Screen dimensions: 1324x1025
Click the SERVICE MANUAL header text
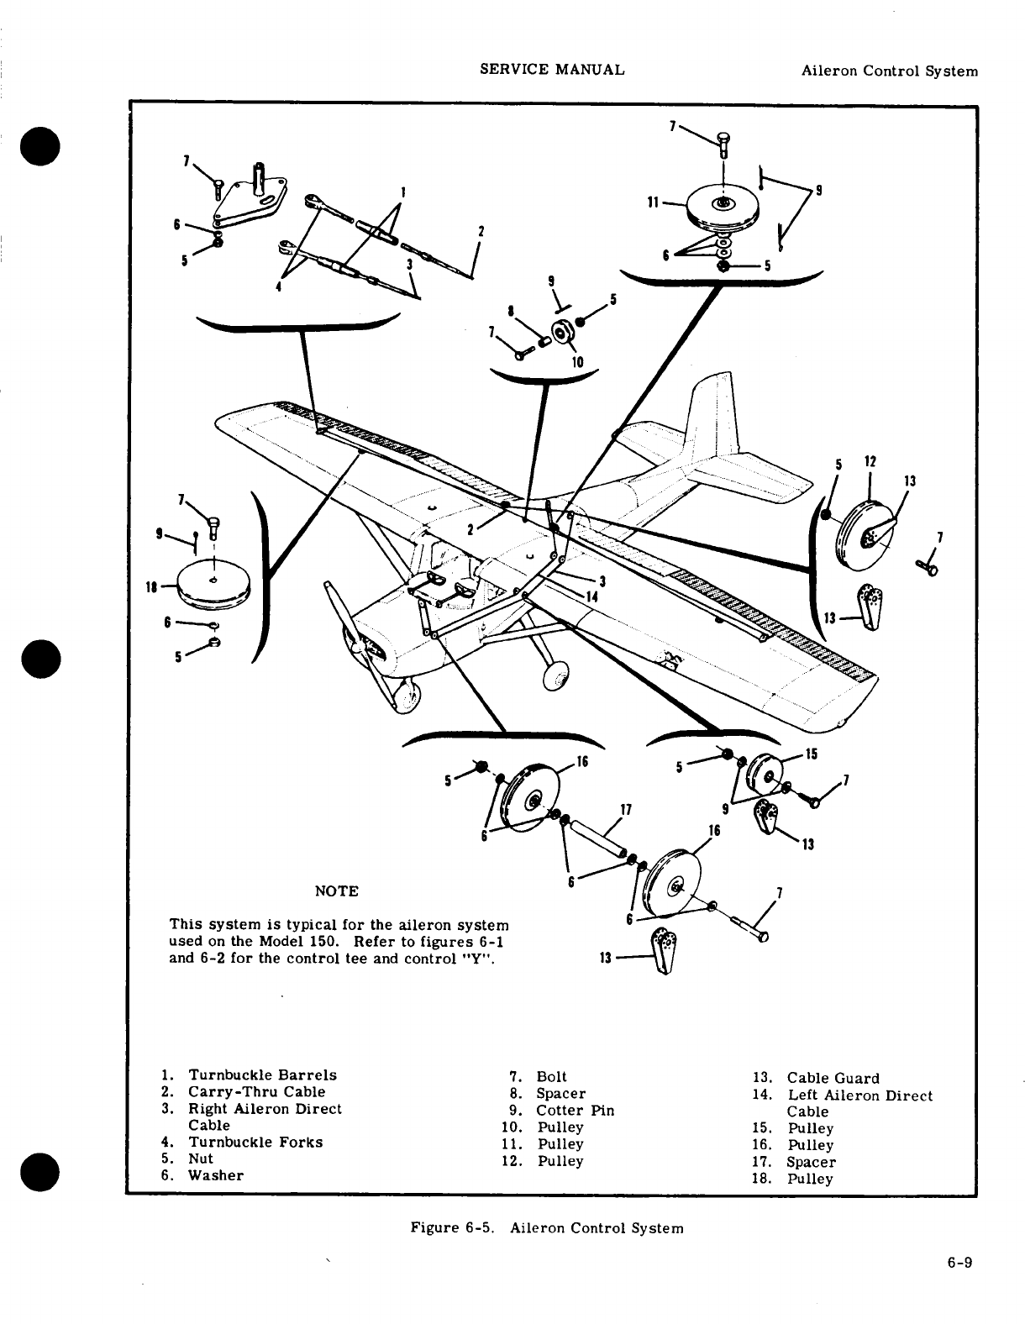[552, 70]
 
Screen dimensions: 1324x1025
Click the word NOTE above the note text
[335, 891]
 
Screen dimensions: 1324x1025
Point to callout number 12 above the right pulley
[870, 461]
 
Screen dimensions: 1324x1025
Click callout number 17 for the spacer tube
[625, 811]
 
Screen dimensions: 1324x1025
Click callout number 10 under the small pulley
[578, 363]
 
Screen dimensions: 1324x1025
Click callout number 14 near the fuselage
[591, 596]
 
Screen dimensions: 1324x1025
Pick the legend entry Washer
[215, 1175]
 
